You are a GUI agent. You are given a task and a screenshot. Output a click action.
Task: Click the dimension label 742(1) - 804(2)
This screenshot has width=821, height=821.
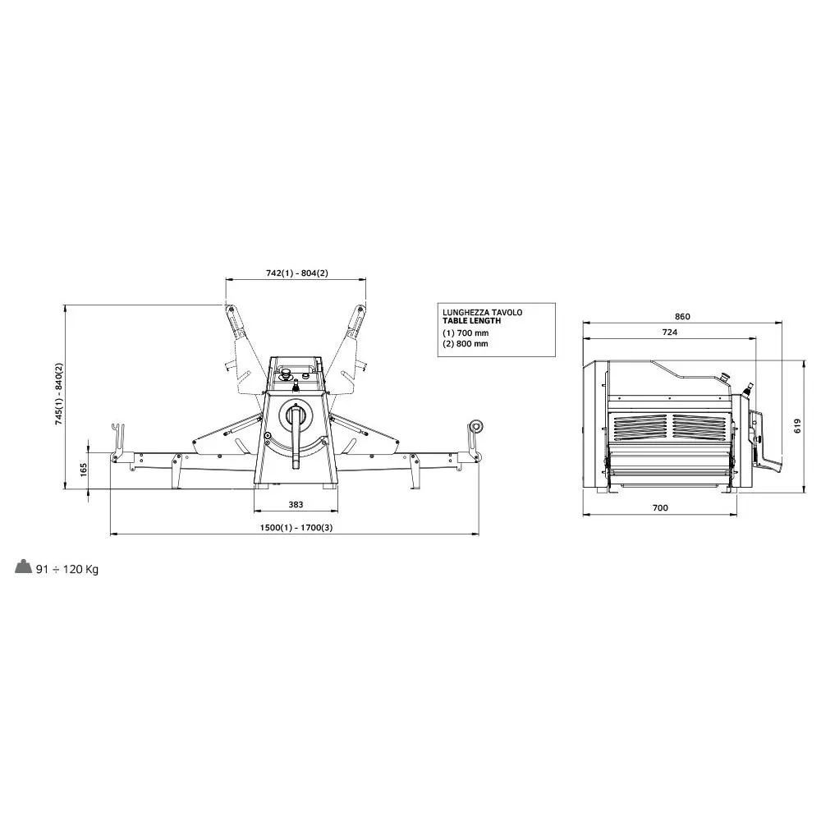296,273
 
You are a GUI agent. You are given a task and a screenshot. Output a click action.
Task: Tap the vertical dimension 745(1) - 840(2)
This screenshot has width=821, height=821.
58,394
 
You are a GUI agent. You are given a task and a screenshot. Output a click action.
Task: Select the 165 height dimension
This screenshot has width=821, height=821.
84,469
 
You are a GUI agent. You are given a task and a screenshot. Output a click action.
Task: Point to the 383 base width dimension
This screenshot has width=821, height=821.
296,505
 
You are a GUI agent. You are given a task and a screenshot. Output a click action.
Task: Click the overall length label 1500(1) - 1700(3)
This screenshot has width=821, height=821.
296,527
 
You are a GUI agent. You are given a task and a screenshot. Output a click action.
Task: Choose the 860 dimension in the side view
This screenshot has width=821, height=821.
682,316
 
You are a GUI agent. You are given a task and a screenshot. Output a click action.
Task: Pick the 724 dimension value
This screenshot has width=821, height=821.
670,332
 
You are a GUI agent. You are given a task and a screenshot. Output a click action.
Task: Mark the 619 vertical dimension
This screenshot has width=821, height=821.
797,426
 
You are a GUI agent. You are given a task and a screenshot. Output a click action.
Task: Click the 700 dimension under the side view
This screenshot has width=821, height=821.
660,507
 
